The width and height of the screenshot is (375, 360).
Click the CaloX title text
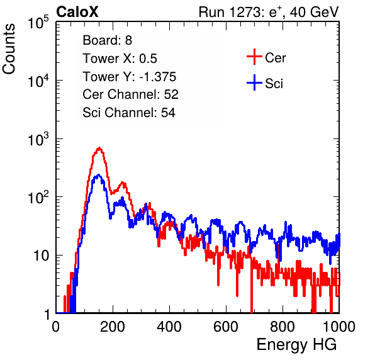[77, 12]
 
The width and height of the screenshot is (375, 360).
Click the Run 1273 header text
[269, 12]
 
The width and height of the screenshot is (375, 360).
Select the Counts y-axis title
[9, 49]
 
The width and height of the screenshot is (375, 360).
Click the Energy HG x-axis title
[296, 345]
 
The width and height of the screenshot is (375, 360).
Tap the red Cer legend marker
[254, 57]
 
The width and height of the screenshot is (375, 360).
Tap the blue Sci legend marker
[254, 83]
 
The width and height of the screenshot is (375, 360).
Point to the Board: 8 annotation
[107, 40]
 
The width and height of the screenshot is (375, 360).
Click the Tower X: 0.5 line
[120, 59]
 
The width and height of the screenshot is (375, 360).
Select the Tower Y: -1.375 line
[130, 77]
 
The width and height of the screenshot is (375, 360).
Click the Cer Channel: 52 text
[131, 94]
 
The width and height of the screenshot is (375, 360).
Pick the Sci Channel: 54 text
[129, 113]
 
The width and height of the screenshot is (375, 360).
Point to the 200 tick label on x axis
[113, 327]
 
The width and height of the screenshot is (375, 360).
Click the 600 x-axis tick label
[226, 327]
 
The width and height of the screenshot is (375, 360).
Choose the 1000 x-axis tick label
[339, 327]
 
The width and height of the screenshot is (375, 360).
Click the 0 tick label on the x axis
[56, 327]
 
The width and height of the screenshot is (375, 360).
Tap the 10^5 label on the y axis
[38, 23]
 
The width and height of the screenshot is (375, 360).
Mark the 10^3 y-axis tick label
[38, 140]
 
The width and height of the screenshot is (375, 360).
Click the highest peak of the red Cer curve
[99, 148]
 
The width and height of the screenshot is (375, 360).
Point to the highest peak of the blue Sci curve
[98, 175]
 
